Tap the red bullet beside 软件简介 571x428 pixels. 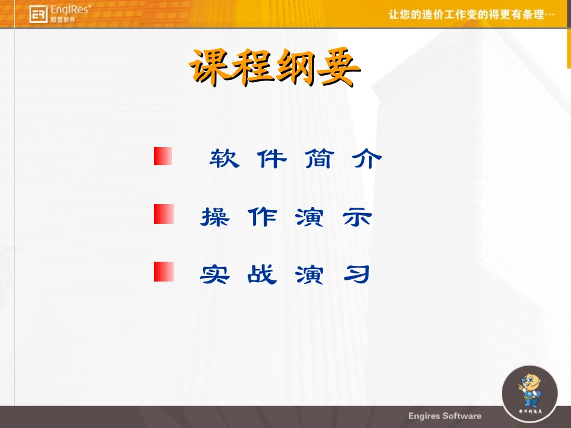coord(163,156)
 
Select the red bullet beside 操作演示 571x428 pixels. coord(163,214)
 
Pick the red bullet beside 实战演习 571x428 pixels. coord(163,271)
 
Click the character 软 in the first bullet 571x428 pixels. coord(224,158)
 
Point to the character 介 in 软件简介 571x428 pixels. coord(367,158)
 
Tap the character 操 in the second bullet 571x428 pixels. coord(215,217)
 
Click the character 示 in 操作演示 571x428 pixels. coord(358,217)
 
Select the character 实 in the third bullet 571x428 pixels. coord(215,274)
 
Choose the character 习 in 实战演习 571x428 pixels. coord(357,274)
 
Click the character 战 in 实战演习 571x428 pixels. coord(263,274)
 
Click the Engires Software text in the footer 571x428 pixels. coord(445,416)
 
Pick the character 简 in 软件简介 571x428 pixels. coord(319,158)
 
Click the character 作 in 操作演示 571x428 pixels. coord(263,217)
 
